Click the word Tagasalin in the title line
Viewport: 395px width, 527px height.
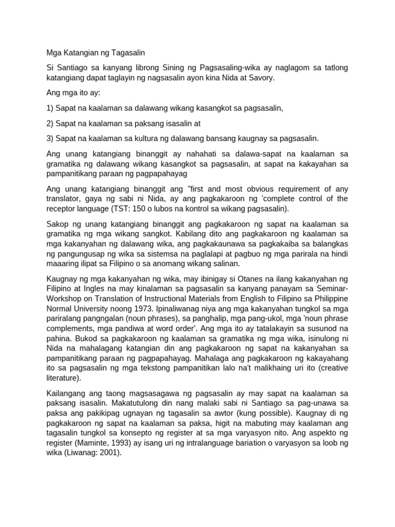tap(128, 52)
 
